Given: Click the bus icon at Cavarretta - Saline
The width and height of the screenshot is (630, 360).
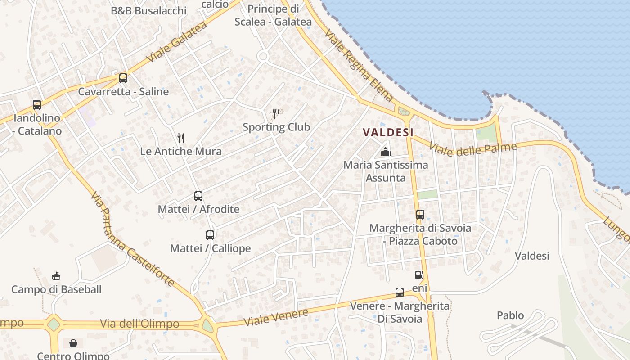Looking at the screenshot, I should pos(123,78).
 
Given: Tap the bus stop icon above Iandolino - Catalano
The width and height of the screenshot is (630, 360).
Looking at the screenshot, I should pos(37,105).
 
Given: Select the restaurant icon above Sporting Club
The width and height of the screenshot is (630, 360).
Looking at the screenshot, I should pos(276,113).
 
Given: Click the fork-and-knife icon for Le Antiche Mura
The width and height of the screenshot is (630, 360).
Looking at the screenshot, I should pos(181,138).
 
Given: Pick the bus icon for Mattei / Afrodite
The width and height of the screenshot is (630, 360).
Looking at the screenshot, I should pos(198,196).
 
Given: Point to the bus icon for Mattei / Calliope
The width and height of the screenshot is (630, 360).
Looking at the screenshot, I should pos(210,235).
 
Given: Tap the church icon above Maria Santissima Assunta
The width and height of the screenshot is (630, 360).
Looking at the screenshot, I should pos(386,151).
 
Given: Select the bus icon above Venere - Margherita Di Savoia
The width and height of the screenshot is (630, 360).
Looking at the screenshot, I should pos(400,292).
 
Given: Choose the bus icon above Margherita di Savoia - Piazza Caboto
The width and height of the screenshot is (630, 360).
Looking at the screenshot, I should pos(420,215).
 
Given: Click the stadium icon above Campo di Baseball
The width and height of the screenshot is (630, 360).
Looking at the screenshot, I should pos(56,276).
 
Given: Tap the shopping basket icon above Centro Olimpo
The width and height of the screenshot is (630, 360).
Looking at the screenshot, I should pos(73,343).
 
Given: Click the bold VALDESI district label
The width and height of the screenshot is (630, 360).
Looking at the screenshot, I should pos(388,132).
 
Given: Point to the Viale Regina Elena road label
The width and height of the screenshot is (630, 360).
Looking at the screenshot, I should pos(359,66).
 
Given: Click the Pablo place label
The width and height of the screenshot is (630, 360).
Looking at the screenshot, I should pos(510,315).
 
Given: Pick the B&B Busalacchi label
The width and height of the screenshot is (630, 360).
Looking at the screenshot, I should pos(148,10).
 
